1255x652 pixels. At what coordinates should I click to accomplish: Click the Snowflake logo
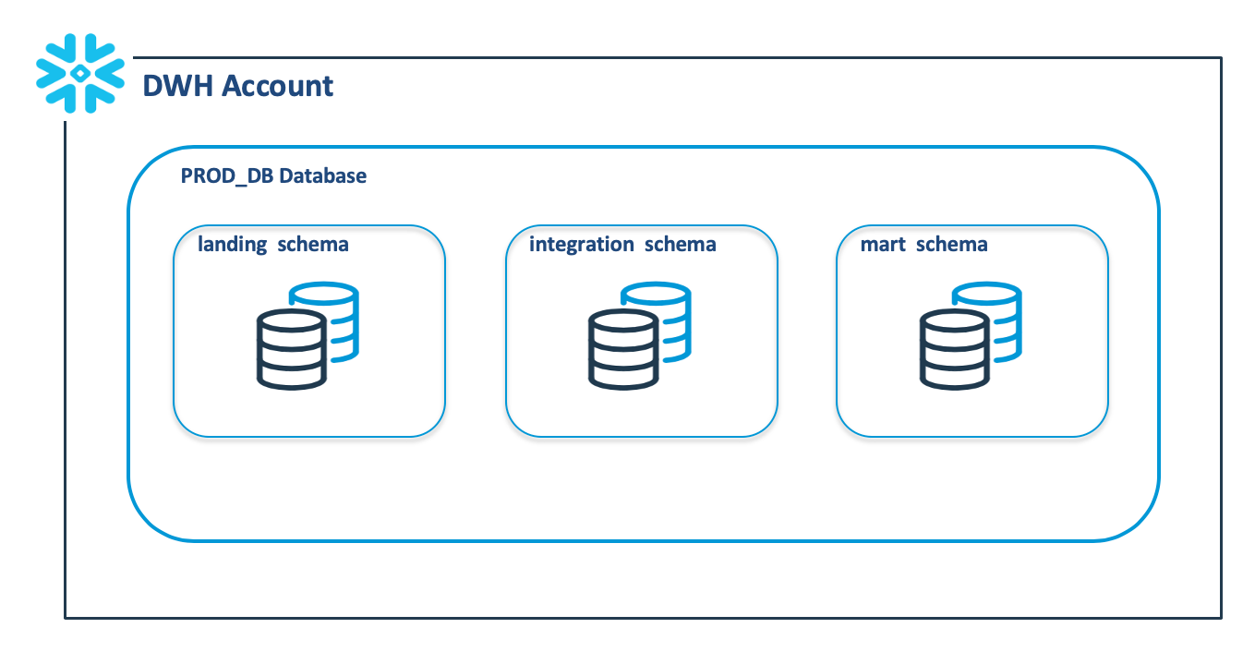pos(80,73)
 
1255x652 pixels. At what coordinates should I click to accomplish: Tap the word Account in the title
pos(277,86)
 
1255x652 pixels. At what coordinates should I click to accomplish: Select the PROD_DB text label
pos(227,176)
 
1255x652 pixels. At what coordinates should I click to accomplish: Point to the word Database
pos(322,175)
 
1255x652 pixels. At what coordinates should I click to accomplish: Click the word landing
pos(233,245)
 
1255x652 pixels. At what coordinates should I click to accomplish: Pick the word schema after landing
pos(313,244)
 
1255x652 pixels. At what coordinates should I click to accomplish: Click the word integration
pos(582,245)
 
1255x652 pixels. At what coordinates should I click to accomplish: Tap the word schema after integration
pos(681,244)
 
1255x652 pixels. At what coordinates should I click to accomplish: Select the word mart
pos(883,245)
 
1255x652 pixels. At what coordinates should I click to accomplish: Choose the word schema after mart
pos(952,244)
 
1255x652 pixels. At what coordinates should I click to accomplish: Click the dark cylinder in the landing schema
pos(291,349)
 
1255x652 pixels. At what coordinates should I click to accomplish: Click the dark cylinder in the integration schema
pos(623,349)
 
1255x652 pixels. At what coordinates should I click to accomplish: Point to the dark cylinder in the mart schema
pos(954,349)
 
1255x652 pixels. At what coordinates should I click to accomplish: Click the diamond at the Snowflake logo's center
pos(80,73)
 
